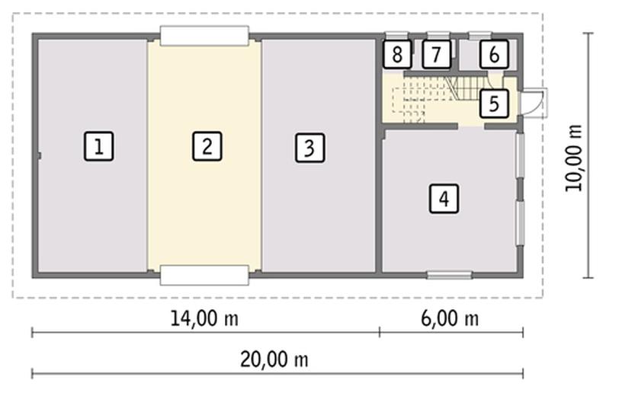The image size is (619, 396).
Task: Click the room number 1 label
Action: point(98,146)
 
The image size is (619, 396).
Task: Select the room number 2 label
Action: point(207,146)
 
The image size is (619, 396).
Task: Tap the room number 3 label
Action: point(310,148)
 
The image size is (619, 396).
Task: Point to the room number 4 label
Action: point(444,199)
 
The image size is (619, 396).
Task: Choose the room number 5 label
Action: point(494,104)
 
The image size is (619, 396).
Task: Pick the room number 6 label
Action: point(494,54)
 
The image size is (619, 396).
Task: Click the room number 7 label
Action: point(436,54)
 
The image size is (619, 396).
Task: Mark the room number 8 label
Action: point(397,54)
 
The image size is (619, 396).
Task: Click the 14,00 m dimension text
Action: point(204,318)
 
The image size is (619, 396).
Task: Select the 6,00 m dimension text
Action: point(450,318)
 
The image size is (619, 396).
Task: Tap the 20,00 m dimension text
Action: point(274,359)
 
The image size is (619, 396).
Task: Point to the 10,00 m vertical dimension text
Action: point(573,158)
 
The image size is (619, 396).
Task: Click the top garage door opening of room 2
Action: point(204,36)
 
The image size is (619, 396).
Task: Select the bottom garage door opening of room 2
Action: point(204,276)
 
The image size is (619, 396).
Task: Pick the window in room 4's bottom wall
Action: point(450,275)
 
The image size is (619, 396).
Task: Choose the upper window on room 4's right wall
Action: point(521,155)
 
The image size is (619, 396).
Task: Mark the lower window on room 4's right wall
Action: point(521,224)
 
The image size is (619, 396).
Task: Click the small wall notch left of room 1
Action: point(39,156)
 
